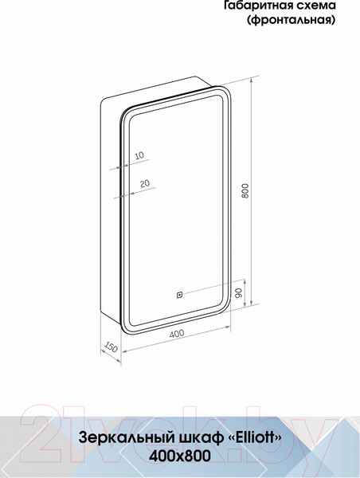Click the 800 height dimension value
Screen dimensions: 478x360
pos(246,192)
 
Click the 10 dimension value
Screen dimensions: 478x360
pos(139,156)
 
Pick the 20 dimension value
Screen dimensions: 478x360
pos(144,183)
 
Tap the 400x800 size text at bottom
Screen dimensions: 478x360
pos(180,456)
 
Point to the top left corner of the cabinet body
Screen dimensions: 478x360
pos(107,100)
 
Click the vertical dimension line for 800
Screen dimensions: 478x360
pos(253,191)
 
